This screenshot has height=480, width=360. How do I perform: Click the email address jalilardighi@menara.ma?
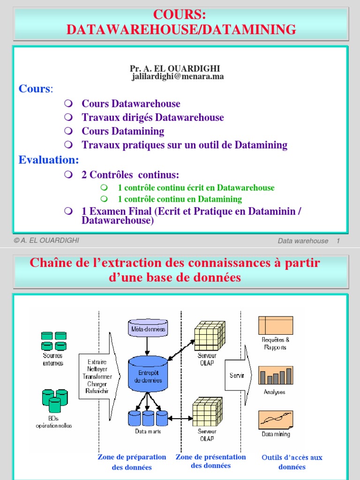click(x=178, y=77)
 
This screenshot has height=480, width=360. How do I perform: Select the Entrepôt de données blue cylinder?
click(x=148, y=375)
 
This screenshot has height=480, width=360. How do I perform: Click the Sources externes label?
click(x=52, y=360)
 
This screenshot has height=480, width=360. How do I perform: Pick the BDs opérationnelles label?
click(x=54, y=422)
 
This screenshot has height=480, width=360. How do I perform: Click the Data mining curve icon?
click(x=275, y=419)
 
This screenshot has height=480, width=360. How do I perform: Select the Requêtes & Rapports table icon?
click(x=275, y=325)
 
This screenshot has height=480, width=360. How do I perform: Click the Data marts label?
click(x=148, y=431)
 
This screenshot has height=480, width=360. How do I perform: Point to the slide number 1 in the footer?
click(x=337, y=241)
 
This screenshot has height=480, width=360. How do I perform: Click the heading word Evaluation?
click(x=49, y=160)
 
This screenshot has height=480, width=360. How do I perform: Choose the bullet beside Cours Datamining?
click(x=68, y=131)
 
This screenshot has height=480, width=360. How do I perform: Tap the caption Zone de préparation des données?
click(x=132, y=462)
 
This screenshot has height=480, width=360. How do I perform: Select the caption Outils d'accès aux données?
click(x=292, y=462)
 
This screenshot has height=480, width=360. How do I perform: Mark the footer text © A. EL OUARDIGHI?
click(x=46, y=240)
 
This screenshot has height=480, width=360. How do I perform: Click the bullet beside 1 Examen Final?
click(x=68, y=211)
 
